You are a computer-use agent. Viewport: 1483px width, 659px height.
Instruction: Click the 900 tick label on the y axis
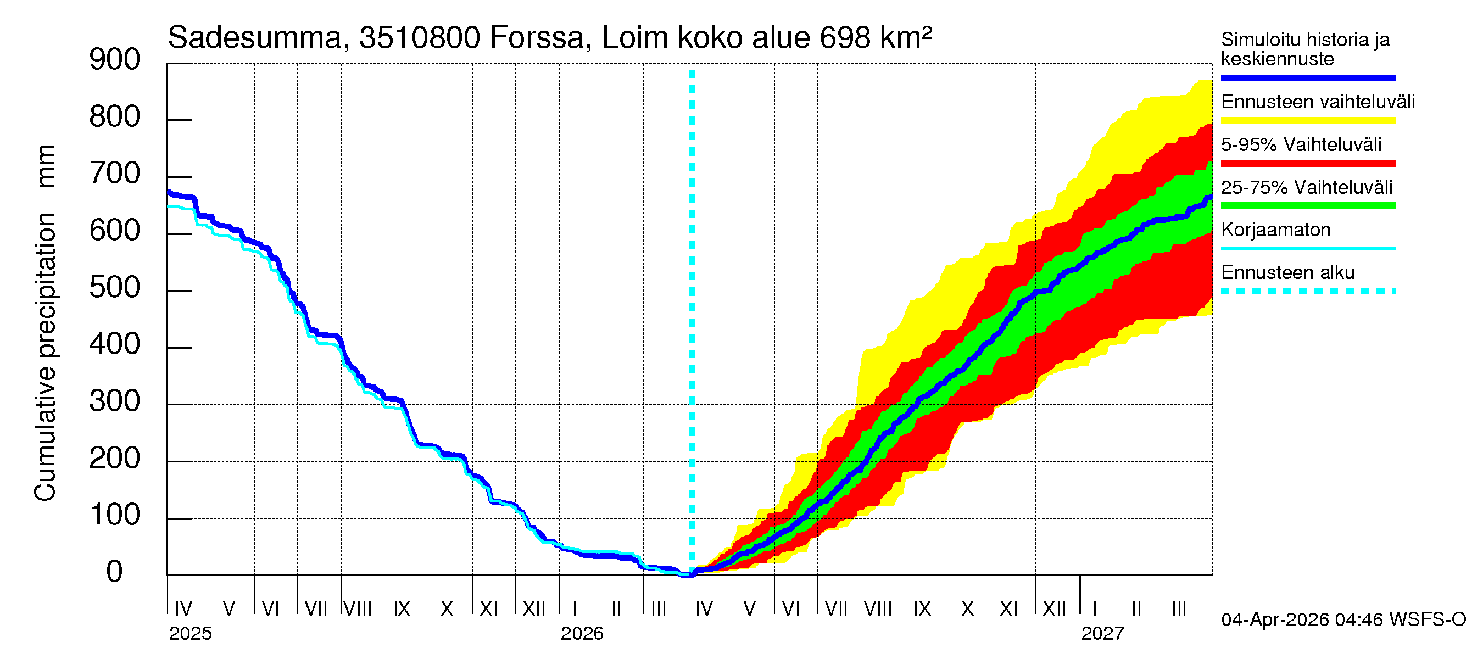[x=115, y=60]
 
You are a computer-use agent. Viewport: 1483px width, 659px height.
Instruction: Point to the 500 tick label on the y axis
[x=115, y=288]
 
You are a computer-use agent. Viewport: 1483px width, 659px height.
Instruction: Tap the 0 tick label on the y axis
[x=115, y=572]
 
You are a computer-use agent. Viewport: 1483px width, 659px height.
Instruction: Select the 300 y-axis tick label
[x=115, y=401]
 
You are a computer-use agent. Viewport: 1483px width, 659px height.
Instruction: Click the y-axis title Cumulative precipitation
[x=45, y=357]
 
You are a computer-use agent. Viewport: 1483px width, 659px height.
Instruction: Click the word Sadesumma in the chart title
[x=254, y=38]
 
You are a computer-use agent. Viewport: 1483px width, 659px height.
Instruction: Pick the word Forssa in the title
[x=537, y=38]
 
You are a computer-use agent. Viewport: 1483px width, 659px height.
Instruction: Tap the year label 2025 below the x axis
[x=191, y=634]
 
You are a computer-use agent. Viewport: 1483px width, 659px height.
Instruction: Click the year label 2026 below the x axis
[x=582, y=634]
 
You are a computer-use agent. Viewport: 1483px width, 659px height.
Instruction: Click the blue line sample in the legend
[x=1307, y=77]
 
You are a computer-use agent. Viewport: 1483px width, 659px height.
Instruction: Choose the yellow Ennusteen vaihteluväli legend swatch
[x=1307, y=121]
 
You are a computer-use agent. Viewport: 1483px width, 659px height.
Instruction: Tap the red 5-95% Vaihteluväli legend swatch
[x=1307, y=164]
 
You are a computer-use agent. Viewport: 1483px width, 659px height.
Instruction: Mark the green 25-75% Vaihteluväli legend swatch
[x=1307, y=206]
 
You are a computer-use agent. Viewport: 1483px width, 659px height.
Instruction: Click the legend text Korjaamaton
[x=1275, y=230]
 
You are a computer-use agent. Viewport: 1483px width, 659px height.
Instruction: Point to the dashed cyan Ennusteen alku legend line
[x=1307, y=291]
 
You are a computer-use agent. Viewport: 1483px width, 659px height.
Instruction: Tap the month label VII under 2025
[x=315, y=609]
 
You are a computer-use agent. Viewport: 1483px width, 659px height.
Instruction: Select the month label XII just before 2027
[x=1055, y=609]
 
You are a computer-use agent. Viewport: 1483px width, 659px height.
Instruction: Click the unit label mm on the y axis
[x=45, y=166]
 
